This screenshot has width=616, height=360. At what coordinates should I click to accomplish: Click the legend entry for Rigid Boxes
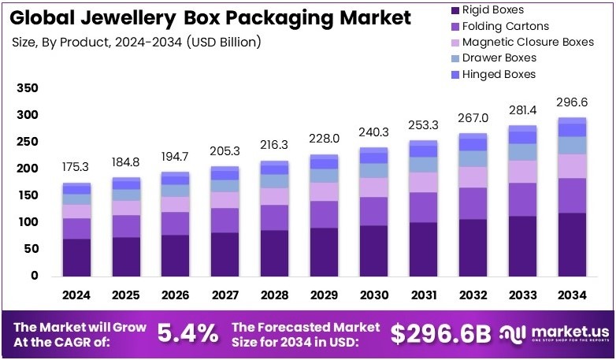point(492,9)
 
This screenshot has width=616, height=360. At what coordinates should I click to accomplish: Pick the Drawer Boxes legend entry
point(499,58)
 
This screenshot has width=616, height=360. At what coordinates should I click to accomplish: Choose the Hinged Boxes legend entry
point(499,74)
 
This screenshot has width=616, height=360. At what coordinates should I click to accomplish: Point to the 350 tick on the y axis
point(28,90)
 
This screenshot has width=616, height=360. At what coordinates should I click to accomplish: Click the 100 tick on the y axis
point(28,222)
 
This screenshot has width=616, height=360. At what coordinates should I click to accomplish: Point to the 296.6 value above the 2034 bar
point(573,102)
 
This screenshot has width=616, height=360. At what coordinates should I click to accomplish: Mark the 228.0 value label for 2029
point(325,139)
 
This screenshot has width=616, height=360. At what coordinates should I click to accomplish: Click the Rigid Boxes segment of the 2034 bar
point(573,244)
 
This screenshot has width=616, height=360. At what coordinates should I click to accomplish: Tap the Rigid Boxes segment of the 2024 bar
point(77,257)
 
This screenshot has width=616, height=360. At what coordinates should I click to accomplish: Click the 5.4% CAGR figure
point(188,334)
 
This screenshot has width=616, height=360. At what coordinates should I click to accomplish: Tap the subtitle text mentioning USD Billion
point(137,41)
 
